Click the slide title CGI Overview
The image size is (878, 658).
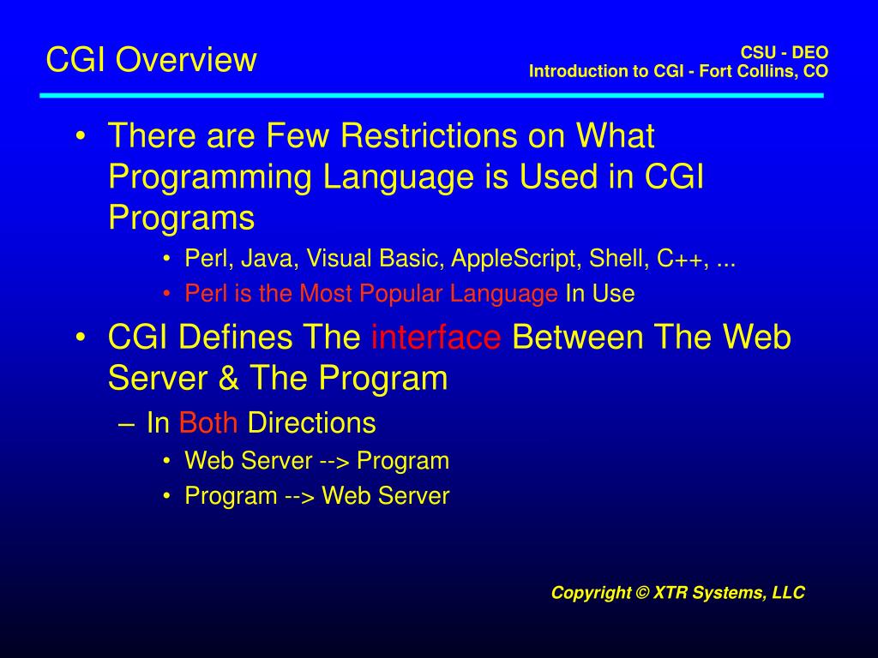coord(151,59)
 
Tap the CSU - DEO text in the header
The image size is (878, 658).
coord(785,52)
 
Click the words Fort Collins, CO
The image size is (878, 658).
coord(764,71)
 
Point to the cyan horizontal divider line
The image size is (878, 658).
coord(432,96)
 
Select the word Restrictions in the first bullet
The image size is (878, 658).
coord(429,135)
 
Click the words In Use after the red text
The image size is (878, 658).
coord(600,294)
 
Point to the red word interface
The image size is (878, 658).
coord(436,338)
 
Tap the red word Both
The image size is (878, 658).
coord(208,422)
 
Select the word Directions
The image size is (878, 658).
coord(311,422)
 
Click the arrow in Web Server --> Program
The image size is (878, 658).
coord(334,462)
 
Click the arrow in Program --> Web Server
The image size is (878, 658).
coord(299,496)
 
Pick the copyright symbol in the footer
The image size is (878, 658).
coord(641,592)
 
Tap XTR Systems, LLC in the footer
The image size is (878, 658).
coord(729,593)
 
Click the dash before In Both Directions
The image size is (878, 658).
coord(127,424)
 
